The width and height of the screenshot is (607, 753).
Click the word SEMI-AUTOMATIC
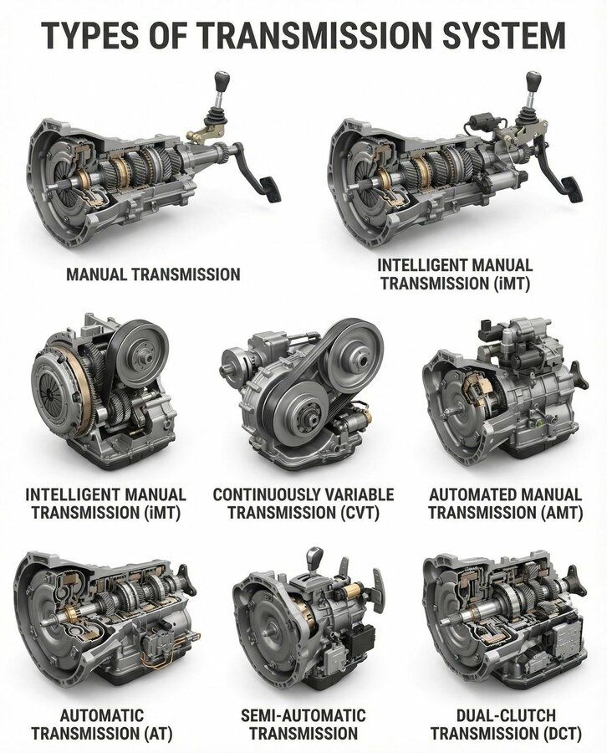pyautogui.click(x=303, y=715)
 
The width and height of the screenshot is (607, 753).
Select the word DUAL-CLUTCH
pyautogui.click(x=506, y=715)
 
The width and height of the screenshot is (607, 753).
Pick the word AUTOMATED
pyautogui.click(x=470, y=494)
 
